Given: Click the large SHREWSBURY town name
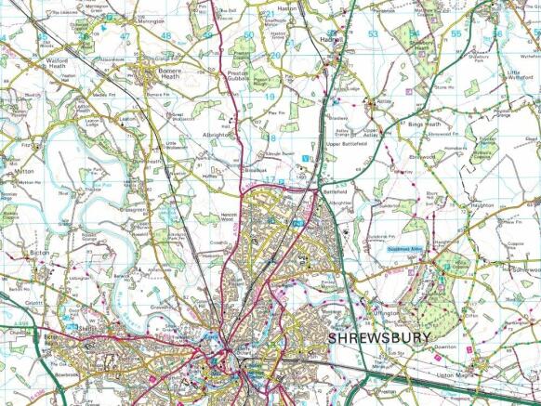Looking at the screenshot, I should [379, 338].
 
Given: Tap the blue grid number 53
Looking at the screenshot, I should [373, 34].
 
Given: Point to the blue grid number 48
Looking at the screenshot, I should [165, 35].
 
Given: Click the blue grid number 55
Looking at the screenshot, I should [455, 34].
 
